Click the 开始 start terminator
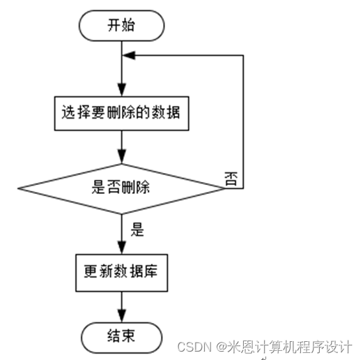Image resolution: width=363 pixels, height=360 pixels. coord(122,27)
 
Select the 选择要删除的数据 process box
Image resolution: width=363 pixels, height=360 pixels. coord(122,111)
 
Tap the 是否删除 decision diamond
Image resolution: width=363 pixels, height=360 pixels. coord(122,187)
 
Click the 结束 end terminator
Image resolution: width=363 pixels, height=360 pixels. coord(122,336)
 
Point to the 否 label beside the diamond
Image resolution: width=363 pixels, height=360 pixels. coord(231,177)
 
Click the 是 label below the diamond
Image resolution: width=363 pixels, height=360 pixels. coord(138,229)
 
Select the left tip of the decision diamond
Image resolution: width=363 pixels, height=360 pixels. coord(19,187)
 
